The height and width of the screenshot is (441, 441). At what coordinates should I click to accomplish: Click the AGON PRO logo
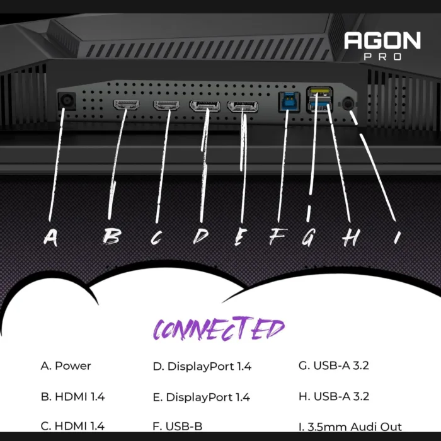click(x=382, y=45)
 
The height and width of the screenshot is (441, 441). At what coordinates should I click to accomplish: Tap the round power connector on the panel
click(x=67, y=101)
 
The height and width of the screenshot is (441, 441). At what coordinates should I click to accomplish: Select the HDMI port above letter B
click(x=126, y=105)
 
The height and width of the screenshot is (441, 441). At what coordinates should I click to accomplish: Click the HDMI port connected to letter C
click(x=166, y=105)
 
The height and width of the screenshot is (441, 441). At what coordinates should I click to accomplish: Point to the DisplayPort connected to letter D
click(x=205, y=106)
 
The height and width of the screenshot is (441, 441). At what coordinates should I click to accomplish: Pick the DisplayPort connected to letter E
click(x=243, y=107)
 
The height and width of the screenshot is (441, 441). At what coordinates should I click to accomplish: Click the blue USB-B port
click(x=289, y=102)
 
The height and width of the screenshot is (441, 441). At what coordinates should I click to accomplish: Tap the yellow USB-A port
click(x=320, y=92)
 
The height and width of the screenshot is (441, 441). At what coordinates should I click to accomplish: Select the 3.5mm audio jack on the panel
click(x=348, y=104)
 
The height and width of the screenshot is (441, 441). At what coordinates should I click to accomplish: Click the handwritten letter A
click(x=50, y=238)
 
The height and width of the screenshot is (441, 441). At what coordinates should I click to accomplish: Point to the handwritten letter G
click(x=309, y=237)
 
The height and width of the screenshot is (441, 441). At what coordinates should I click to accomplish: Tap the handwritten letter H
click(x=351, y=238)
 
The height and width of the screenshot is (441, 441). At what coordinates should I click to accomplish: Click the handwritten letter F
click(x=278, y=236)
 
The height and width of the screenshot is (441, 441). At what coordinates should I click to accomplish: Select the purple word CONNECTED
click(x=219, y=328)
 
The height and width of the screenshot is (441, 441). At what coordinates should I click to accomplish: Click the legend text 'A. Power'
click(x=66, y=366)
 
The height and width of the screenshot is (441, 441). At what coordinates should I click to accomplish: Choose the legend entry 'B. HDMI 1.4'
click(x=72, y=396)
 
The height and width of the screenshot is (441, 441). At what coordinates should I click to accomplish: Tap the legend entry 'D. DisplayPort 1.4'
click(x=202, y=366)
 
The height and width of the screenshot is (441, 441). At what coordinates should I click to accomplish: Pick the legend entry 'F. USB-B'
click(x=178, y=427)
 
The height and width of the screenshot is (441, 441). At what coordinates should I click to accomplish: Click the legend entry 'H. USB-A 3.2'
click(x=334, y=396)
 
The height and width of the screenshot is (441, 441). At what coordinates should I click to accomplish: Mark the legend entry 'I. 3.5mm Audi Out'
click(x=350, y=427)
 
